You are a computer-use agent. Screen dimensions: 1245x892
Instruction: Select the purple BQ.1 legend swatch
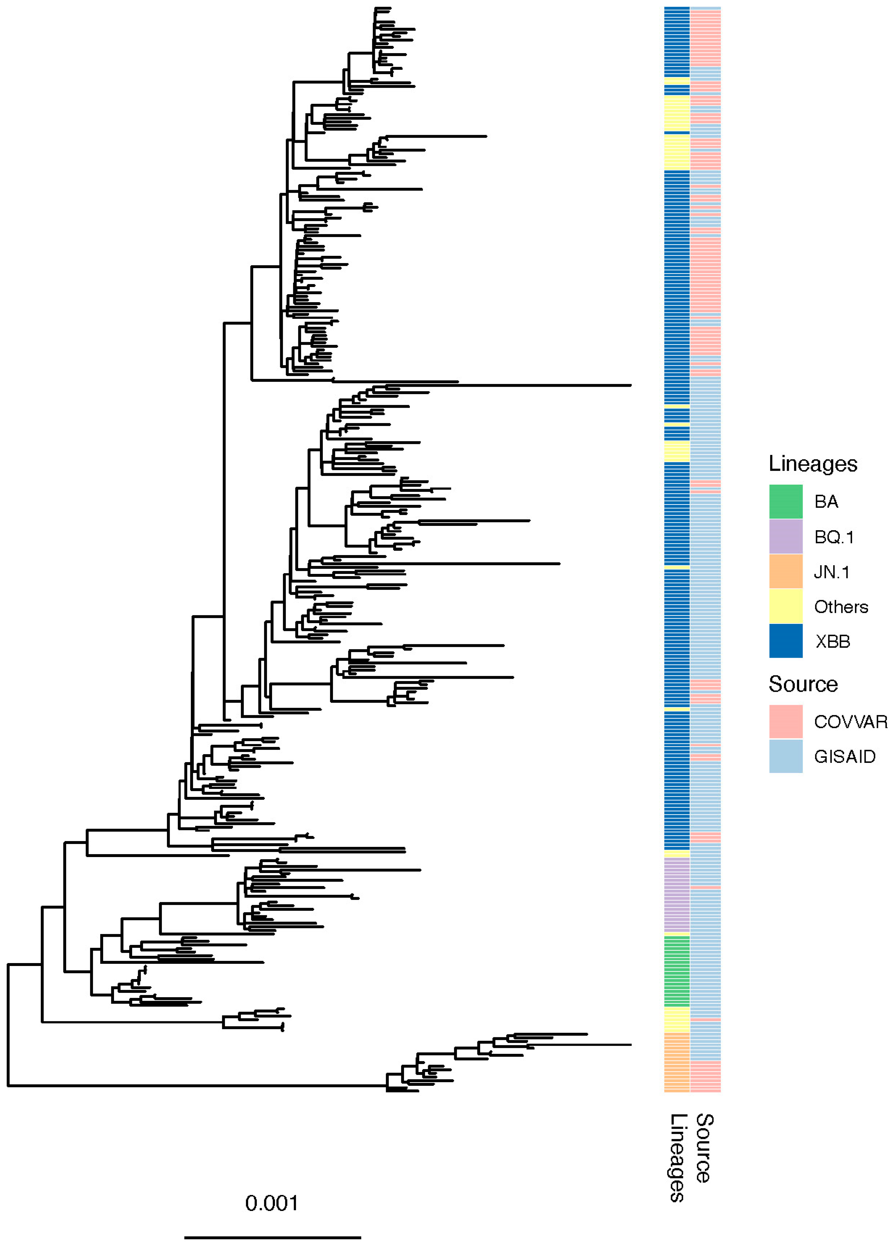pyautogui.click(x=785, y=536)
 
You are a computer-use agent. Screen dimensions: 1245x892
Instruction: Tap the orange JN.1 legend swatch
pyautogui.click(x=785, y=572)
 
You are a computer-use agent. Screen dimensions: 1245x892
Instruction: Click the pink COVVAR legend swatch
pyautogui.click(x=785, y=721)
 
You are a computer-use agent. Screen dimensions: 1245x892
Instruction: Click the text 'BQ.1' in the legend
pyautogui.click(x=834, y=537)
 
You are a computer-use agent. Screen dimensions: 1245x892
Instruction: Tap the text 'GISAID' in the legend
pyautogui.click(x=844, y=756)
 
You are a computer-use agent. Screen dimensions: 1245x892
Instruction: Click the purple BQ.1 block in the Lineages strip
pyautogui.click(x=677, y=896)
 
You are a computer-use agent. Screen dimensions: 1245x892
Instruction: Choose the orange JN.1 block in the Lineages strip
pyautogui.click(x=677, y=1062)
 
